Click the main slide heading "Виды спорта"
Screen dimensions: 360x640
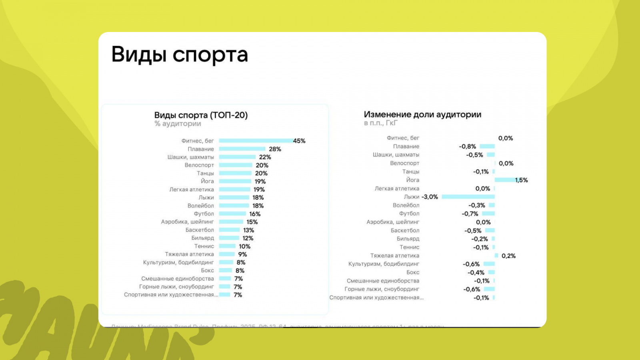[x=180, y=55]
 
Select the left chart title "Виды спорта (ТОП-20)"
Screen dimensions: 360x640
[x=201, y=115]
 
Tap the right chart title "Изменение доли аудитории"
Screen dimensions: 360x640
[x=422, y=114]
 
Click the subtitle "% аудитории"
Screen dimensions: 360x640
[x=178, y=124]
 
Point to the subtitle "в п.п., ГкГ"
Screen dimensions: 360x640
[x=380, y=123]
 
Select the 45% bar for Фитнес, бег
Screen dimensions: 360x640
[x=256, y=141]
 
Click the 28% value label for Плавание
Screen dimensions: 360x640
[x=275, y=149]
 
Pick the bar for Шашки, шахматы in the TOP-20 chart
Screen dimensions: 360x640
[x=237, y=157]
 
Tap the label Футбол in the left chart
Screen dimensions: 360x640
[x=204, y=214]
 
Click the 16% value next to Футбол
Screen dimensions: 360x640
[x=255, y=214]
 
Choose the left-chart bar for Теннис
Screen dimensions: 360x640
[x=227, y=246]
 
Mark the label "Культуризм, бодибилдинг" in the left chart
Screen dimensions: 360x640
[x=178, y=262]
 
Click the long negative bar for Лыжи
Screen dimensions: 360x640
[x=468, y=197]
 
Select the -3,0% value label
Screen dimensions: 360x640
[x=430, y=197]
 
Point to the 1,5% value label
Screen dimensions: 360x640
[x=522, y=180]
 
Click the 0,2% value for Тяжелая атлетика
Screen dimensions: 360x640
[x=508, y=256]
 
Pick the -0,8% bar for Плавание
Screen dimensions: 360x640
[x=487, y=146]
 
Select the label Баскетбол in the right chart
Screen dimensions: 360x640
[x=405, y=230]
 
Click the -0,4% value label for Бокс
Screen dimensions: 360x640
[x=476, y=273]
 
